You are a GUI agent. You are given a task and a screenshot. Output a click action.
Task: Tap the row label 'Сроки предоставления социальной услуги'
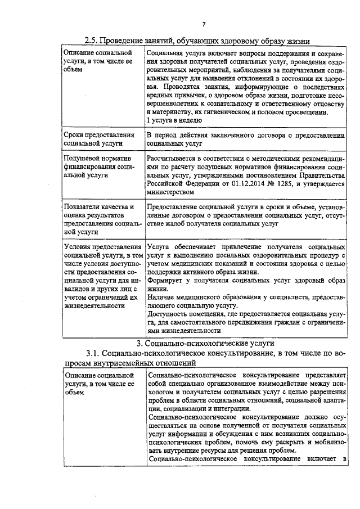click(x=99, y=139)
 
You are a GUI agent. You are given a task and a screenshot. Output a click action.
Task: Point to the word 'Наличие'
click(x=161, y=296)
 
